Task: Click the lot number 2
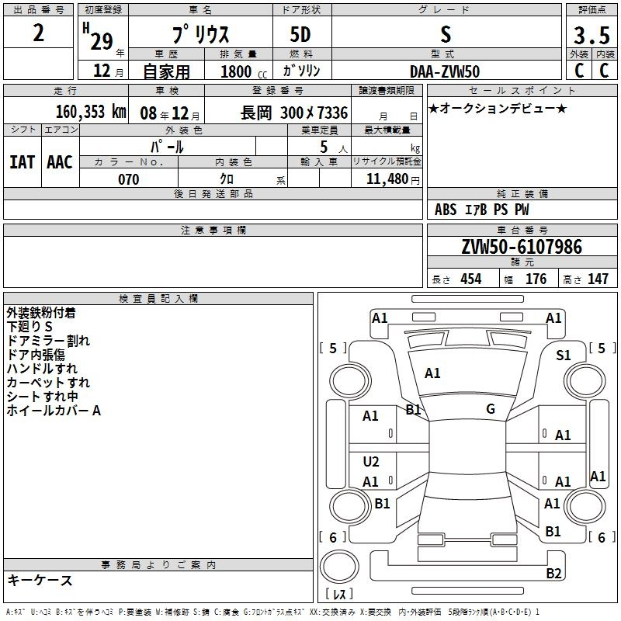38,33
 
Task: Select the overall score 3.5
592,35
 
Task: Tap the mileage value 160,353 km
91,112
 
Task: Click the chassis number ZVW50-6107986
522,247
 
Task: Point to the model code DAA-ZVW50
445,71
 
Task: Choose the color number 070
129,179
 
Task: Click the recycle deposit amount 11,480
387,179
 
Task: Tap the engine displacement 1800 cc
244,71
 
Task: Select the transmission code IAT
23,162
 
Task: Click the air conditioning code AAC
60,162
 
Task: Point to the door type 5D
300,34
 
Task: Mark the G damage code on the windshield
491,409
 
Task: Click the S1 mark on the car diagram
564,356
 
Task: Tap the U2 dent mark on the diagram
371,461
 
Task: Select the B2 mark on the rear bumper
553,573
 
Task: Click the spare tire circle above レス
339,567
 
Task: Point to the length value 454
471,279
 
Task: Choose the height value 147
598,279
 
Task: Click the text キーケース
40,580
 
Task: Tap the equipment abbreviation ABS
446,210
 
